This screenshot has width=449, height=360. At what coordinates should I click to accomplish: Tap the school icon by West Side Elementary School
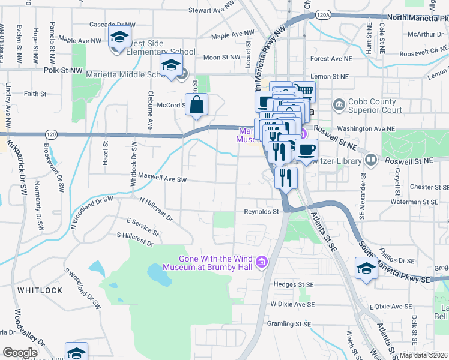pos(119,37)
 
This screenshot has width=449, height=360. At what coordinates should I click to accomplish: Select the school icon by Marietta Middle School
pos(172,65)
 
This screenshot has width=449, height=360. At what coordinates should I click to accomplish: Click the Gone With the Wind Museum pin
pos(261,262)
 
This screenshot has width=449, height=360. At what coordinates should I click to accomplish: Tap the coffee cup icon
pos(306,149)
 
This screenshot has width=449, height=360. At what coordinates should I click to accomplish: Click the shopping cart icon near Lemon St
pos(305,92)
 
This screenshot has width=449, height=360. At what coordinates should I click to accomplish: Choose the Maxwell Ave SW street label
pos(163,178)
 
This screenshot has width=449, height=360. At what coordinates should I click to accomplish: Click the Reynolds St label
pos(261,211)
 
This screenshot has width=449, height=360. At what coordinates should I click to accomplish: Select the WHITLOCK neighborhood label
pos(40,290)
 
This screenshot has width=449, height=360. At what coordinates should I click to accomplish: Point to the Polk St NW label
pos(63,70)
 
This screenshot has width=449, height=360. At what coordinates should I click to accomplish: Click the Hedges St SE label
pos(294,284)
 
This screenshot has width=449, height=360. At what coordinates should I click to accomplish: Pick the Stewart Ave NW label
pos(210,10)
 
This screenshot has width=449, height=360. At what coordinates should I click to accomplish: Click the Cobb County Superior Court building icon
pos(339,106)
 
